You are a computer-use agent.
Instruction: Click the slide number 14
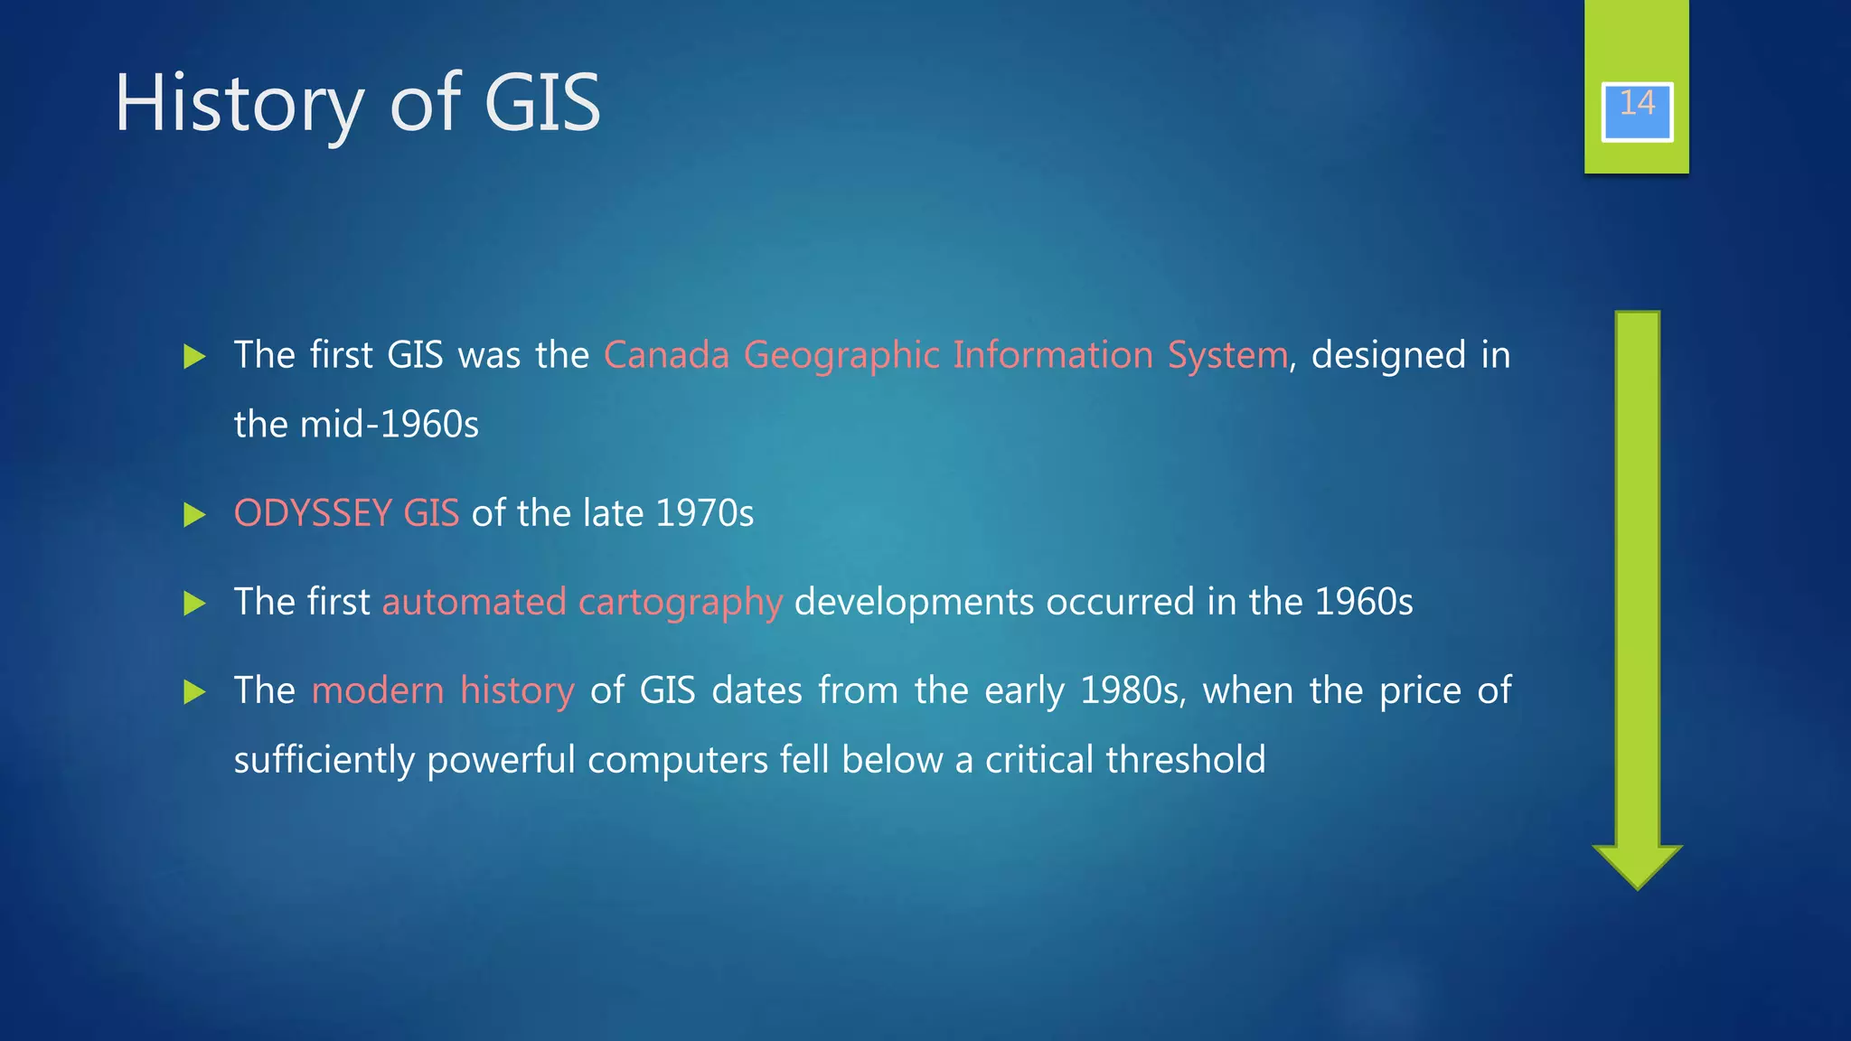1637,104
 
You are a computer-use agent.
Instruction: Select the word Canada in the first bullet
666,355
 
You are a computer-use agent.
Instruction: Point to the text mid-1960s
389,425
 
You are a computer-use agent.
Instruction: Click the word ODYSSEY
312,513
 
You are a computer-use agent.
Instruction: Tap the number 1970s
704,513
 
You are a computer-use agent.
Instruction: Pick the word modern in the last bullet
378,690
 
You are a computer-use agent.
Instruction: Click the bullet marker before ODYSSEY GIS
194,515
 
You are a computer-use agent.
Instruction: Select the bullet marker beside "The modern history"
194,692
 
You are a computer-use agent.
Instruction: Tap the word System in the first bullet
1227,356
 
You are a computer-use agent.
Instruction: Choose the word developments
914,603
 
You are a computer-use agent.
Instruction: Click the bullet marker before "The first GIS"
194,357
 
